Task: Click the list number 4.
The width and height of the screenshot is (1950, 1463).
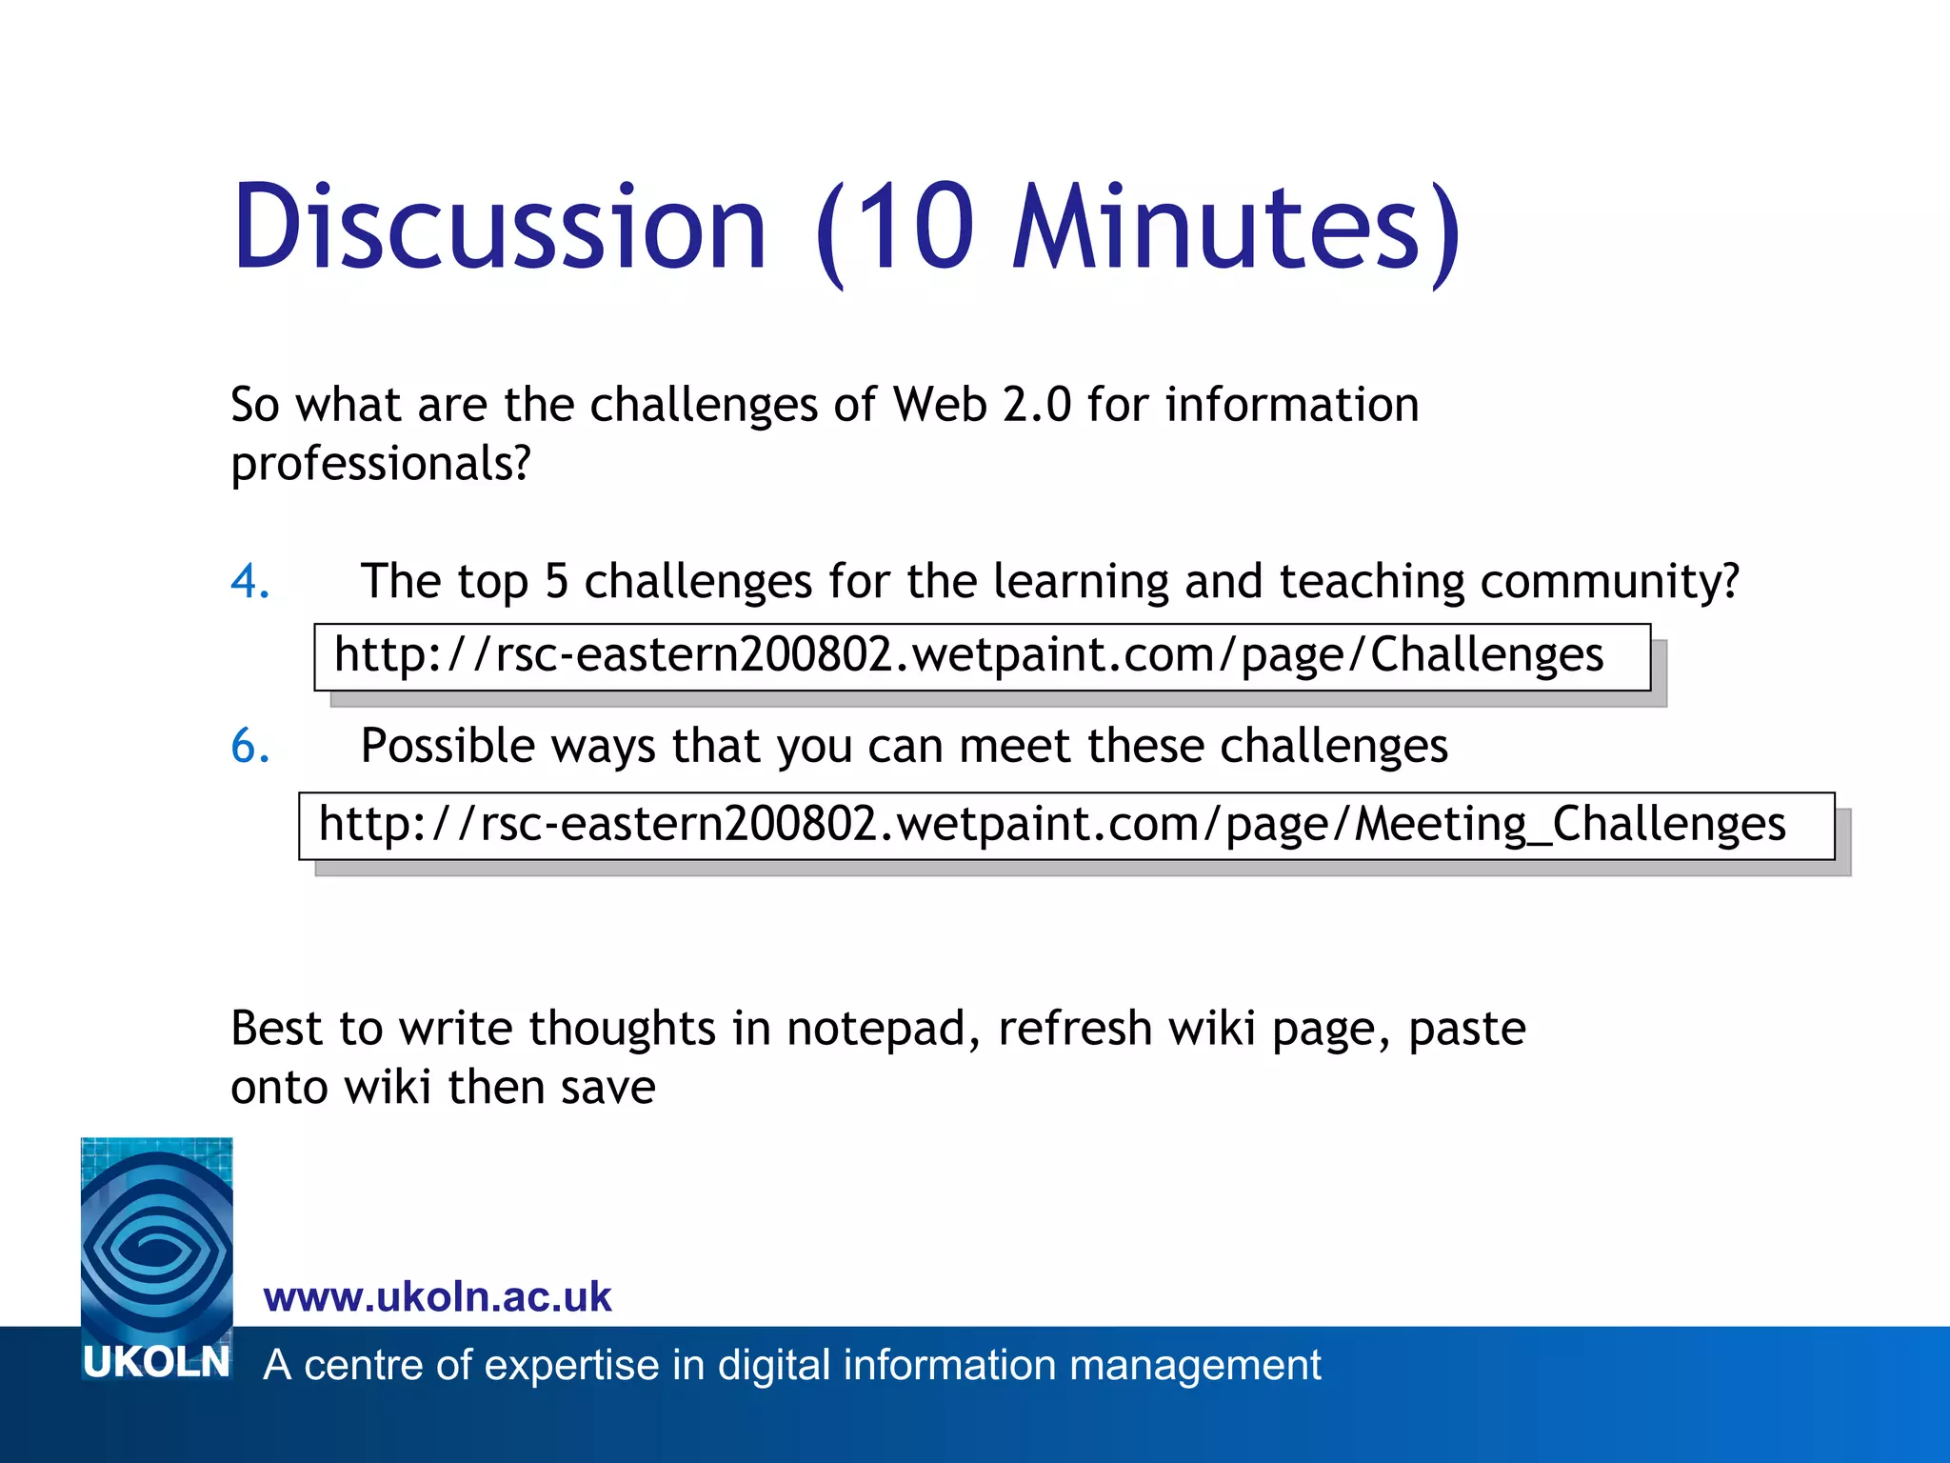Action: (249, 581)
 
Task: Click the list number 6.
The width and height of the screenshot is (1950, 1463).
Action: (249, 746)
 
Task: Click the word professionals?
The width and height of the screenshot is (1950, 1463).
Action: (380, 465)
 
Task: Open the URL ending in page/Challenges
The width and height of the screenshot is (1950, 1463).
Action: (968, 655)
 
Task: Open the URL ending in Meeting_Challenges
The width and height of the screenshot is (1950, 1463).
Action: (1051, 824)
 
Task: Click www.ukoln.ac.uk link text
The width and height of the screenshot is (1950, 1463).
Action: (437, 1297)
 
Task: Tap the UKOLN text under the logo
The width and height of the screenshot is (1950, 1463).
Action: (156, 1363)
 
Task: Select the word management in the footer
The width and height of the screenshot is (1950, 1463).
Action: (1194, 1365)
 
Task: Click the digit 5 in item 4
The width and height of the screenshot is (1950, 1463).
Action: (556, 581)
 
